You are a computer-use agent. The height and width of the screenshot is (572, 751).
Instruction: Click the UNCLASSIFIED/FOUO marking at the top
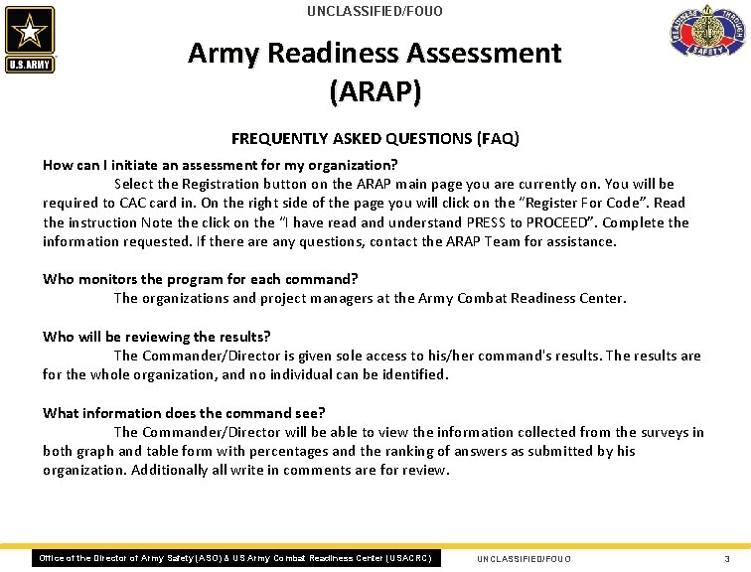tap(375, 12)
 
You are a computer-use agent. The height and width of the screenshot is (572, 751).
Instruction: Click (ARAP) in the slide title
tap(375, 91)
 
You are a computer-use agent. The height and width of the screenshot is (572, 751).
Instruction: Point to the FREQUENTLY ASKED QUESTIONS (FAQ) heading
tap(375, 138)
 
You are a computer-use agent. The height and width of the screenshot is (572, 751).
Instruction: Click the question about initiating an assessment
tap(220, 165)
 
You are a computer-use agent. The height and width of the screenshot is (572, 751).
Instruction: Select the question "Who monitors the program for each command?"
tap(200, 279)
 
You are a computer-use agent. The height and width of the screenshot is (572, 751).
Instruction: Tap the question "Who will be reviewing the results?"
tap(156, 337)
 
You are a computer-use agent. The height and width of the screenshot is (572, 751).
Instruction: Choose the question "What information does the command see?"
tap(184, 413)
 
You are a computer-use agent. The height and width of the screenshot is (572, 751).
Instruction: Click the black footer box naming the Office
tap(234, 558)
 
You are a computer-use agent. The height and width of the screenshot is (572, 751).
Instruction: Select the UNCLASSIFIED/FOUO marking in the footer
tap(524, 559)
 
